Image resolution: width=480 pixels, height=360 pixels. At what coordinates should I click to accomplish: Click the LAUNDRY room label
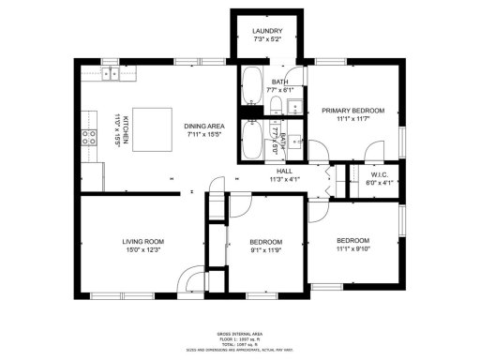click(266, 32)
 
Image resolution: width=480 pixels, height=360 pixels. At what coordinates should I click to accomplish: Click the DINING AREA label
click(203, 126)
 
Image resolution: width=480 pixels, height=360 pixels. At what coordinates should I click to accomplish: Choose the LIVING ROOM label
click(142, 241)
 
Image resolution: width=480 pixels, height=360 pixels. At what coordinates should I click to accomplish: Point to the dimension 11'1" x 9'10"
click(353, 248)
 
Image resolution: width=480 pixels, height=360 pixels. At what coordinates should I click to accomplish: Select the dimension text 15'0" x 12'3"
click(142, 250)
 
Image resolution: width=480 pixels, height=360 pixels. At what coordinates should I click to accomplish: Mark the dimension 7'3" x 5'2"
click(266, 40)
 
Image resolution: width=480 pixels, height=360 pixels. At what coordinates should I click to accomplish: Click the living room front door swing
click(194, 280)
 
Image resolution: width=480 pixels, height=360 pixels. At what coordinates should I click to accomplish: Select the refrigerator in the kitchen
click(91, 175)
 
